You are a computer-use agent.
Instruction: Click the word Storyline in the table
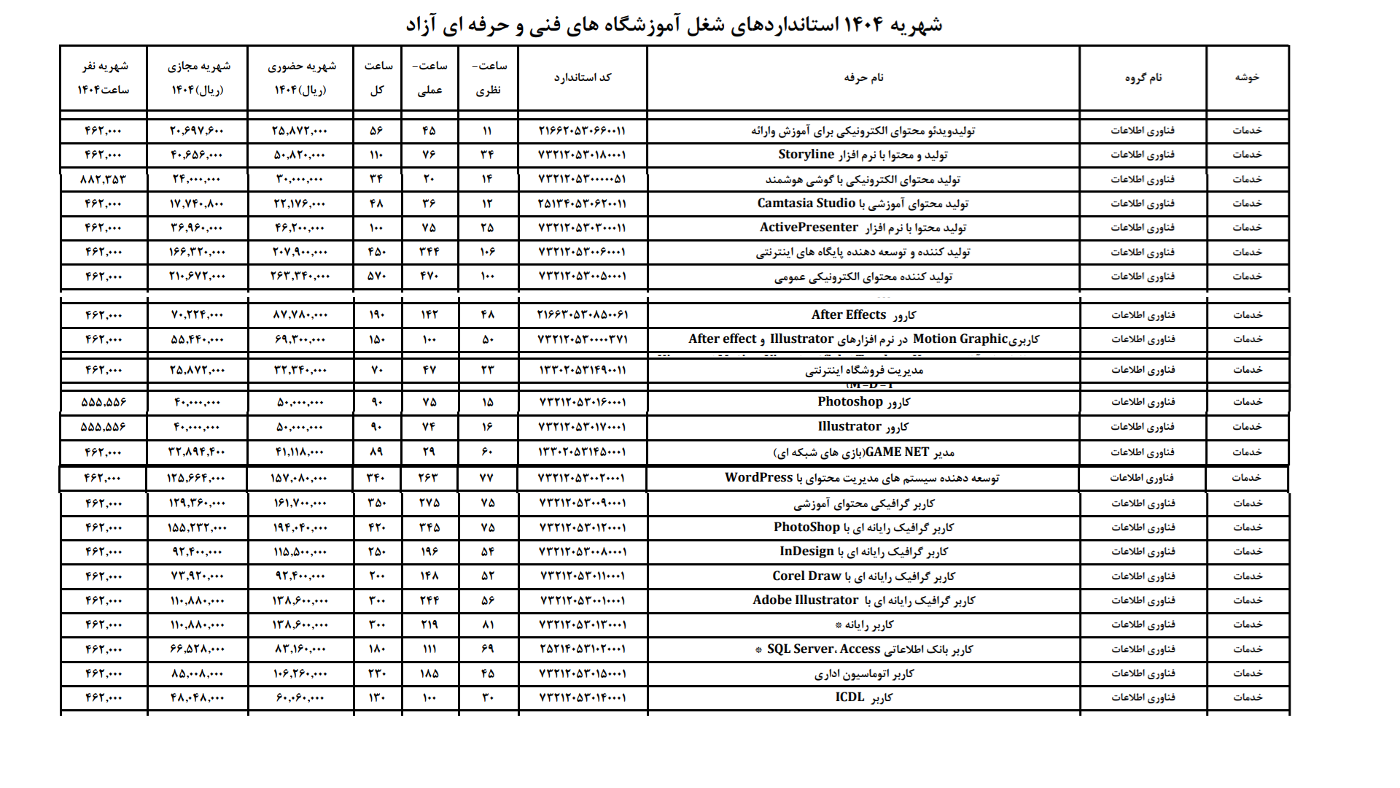806,155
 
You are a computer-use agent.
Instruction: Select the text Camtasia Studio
806,204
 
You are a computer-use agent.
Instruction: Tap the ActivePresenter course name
809,228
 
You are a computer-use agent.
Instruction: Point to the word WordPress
758,478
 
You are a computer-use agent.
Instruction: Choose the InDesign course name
806,552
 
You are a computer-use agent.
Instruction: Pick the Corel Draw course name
806,576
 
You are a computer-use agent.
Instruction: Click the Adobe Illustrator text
805,600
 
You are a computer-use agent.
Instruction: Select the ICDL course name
849,698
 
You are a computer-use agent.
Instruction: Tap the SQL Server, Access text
823,649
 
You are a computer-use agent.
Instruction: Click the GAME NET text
897,452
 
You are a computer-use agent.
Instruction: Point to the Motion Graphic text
960,339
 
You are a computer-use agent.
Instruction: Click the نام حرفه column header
863,77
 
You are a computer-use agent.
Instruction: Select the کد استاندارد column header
582,77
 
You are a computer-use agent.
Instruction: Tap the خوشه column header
1247,77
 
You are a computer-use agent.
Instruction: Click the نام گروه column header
1143,77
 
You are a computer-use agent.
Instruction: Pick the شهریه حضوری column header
301,77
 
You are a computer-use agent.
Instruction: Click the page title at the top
674,25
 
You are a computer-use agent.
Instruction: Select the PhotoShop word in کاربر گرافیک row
806,528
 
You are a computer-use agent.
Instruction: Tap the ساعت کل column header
378,77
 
